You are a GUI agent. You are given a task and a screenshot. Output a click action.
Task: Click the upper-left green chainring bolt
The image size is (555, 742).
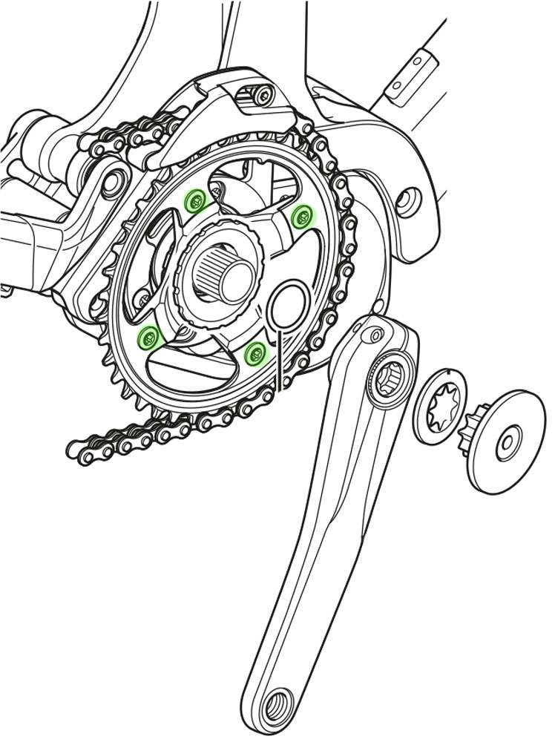click(195, 199)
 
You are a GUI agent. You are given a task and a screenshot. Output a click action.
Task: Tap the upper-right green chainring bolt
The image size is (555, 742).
click(302, 216)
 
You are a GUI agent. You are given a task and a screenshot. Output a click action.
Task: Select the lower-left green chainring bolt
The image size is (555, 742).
click(149, 338)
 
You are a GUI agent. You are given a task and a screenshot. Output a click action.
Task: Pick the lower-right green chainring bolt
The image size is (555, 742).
click(254, 353)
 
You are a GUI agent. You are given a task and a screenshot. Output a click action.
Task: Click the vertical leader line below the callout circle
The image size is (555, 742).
click(280, 360)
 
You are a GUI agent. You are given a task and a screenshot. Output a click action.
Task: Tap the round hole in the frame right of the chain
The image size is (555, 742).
click(405, 199)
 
